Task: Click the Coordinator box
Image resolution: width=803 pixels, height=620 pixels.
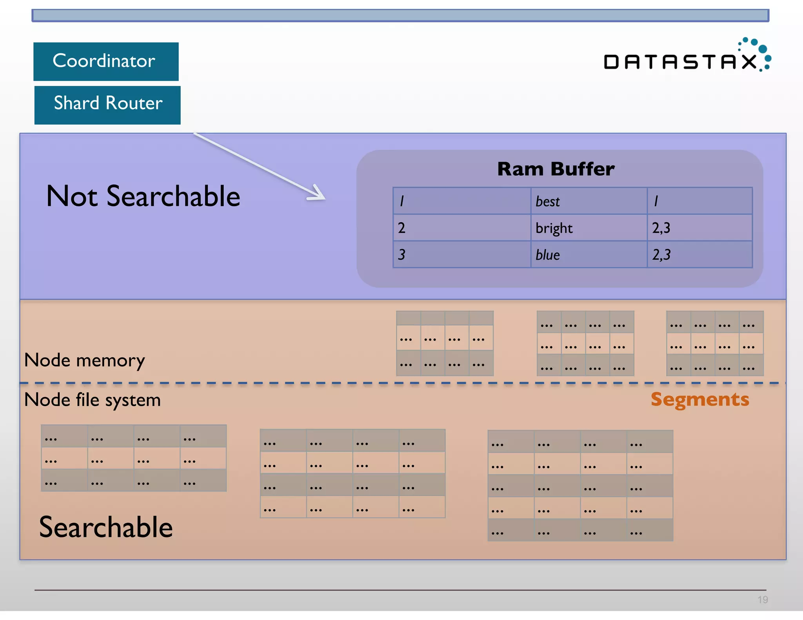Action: click(x=106, y=62)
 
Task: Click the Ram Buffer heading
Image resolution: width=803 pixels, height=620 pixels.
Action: click(x=556, y=169)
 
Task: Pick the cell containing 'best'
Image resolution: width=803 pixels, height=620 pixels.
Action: click(x=588, y=201)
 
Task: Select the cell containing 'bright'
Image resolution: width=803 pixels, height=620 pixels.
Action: click(x=588, y=228)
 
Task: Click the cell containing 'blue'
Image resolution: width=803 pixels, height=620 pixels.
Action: click(x=588, y=255)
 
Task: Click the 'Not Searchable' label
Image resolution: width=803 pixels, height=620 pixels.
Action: click(x=143, y=196)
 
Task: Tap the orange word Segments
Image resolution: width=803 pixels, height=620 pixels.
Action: click(x=699, y=399)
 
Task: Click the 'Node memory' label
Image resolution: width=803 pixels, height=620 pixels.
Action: click(x=84, y=360)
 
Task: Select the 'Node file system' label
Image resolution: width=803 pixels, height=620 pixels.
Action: click(x=92, y=400)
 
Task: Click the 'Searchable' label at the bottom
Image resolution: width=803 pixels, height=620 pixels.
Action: click(x=106, y=527)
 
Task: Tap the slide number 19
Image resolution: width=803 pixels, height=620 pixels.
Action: click(x=762, y=599)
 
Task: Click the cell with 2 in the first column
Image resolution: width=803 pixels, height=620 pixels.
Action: click(x=461, y=228)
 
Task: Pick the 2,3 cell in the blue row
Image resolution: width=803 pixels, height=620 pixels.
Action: click(x=699, y=255)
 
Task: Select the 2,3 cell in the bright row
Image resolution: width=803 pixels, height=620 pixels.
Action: click(x=699, y=228)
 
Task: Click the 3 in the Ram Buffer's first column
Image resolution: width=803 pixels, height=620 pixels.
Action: click(x=461, y=255)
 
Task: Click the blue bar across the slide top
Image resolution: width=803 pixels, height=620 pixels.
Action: click(x=400, y=16)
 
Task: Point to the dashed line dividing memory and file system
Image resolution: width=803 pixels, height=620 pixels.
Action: click(x=400, y=383)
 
